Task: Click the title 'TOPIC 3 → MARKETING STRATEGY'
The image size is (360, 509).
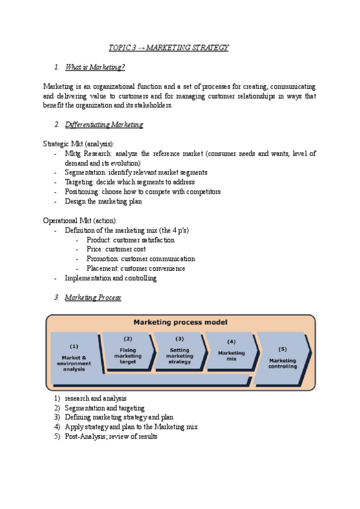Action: tap(168, 47)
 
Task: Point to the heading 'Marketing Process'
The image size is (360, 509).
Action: tap(93, 297)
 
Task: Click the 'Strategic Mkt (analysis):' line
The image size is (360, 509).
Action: tap(79, 143)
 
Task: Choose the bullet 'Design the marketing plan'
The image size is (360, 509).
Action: tap(103, 201)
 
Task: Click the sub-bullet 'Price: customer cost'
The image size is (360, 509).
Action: tap(116, 249)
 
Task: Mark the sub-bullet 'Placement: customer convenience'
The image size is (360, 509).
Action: tap(136, 268)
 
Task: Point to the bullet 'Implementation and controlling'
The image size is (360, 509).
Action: tap(110, 278)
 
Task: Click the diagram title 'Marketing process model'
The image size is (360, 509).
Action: tap(180, 322)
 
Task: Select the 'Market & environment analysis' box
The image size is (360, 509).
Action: tap(74, 358)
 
